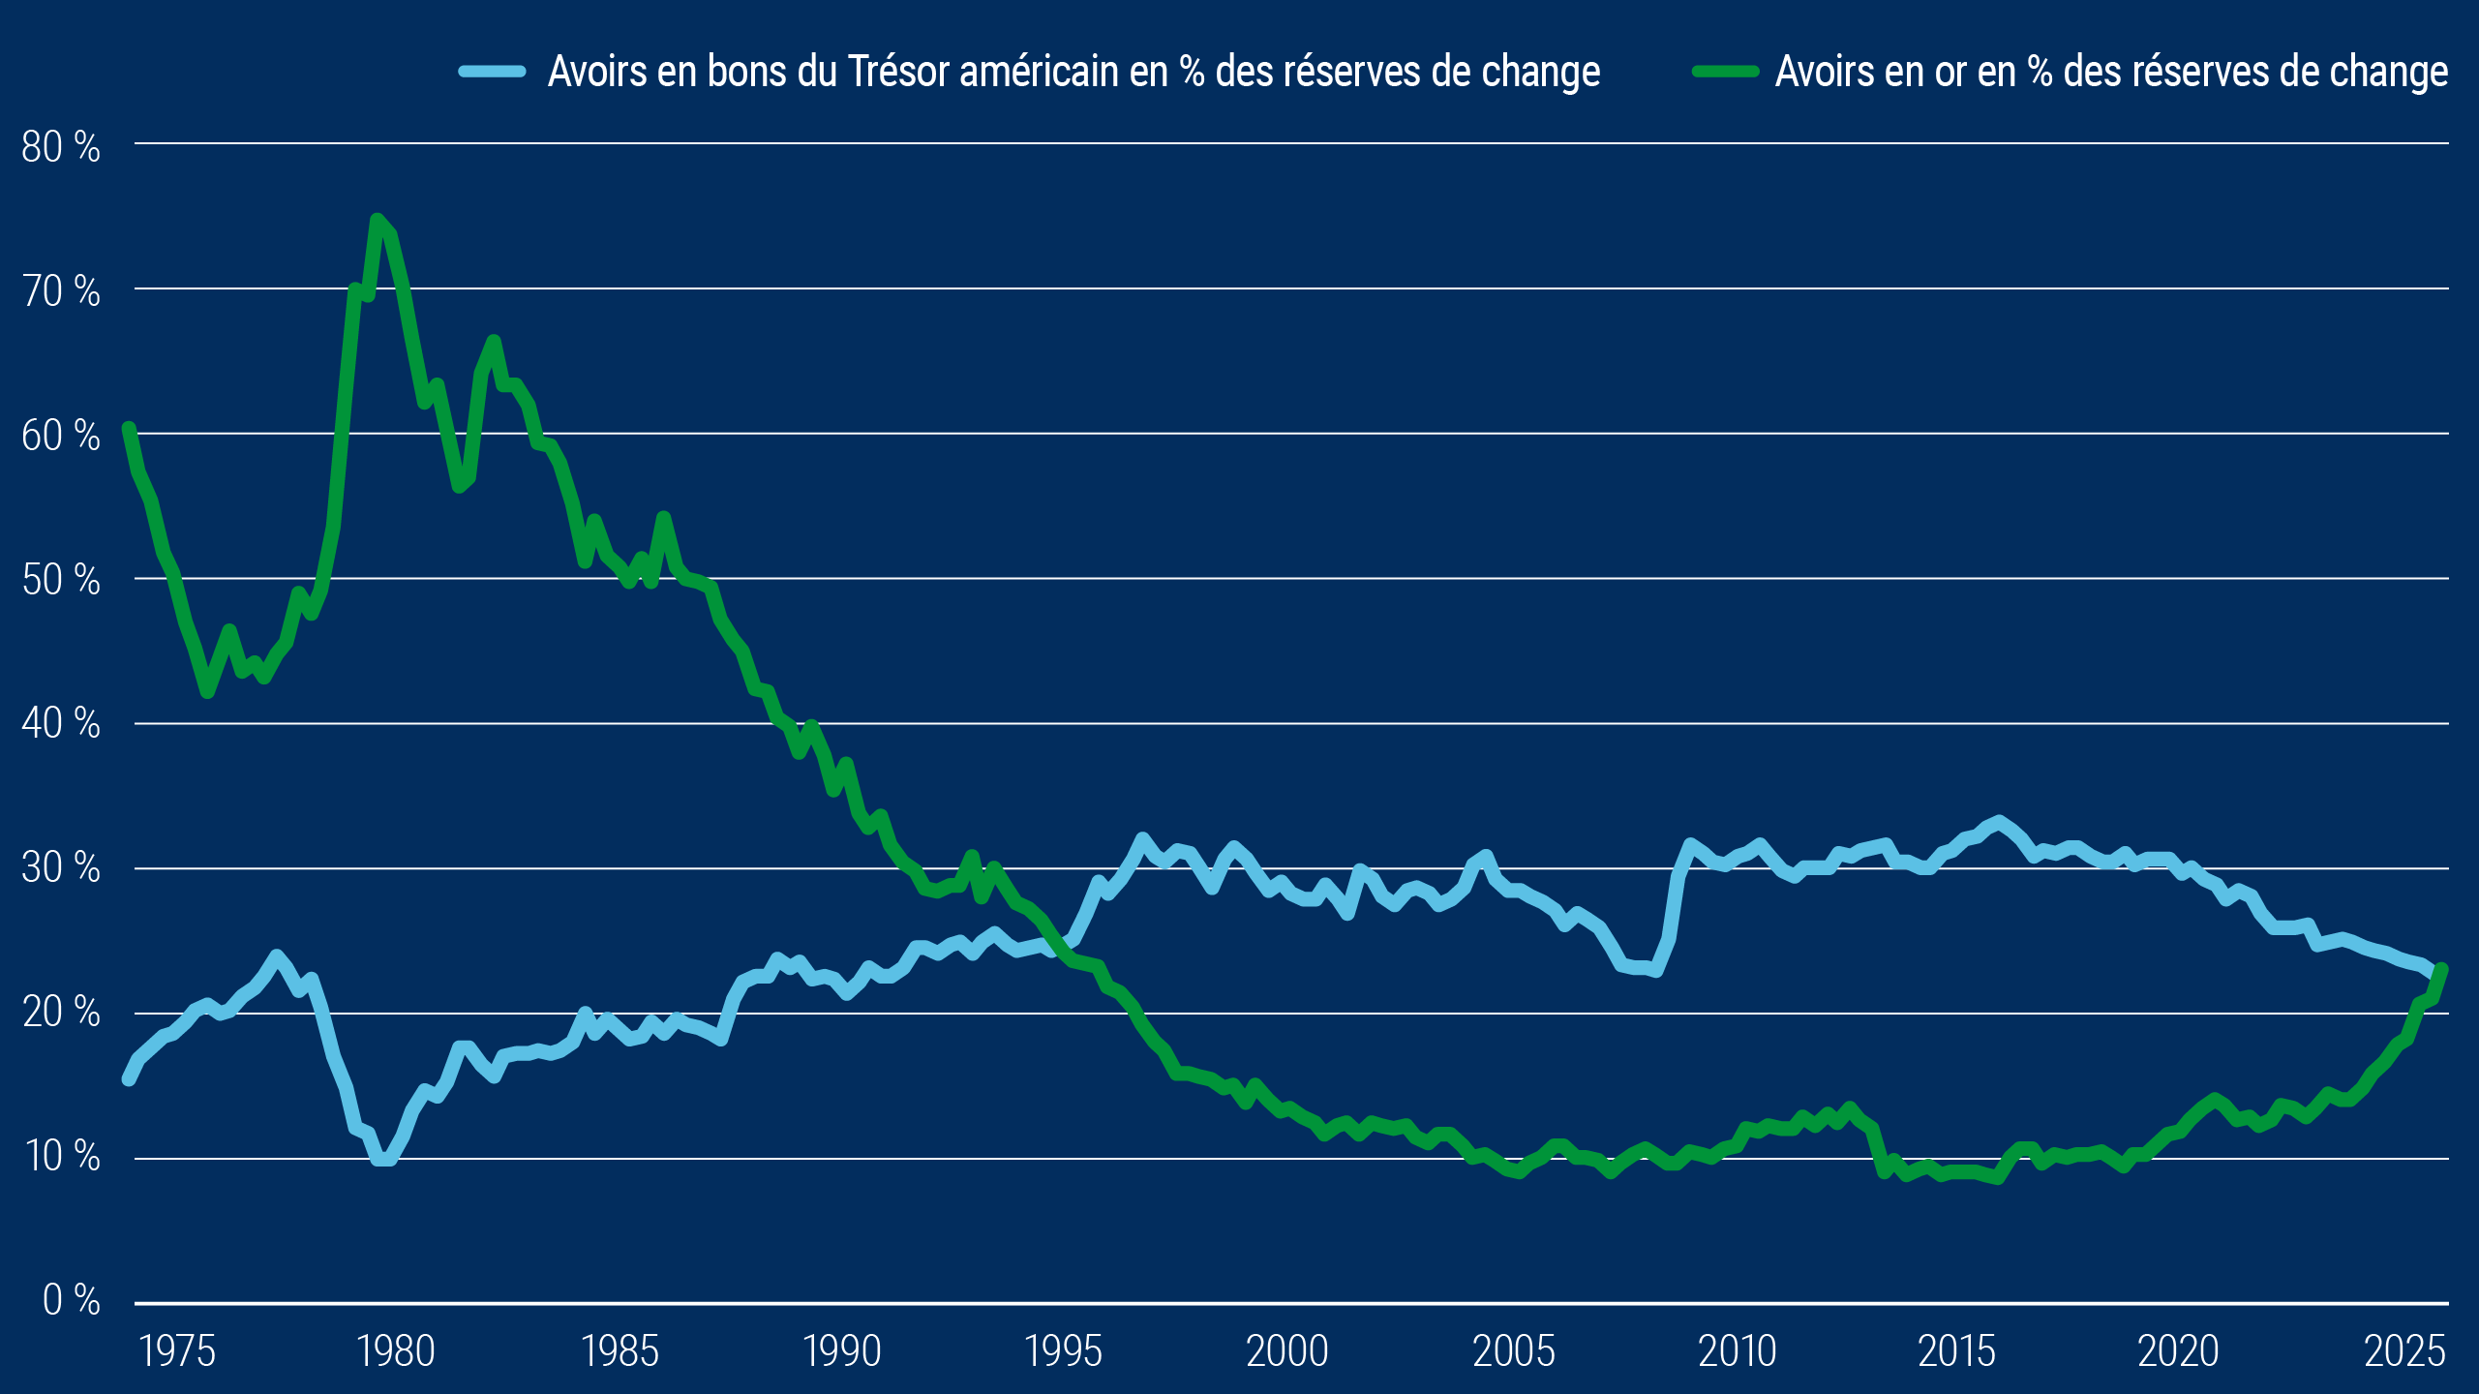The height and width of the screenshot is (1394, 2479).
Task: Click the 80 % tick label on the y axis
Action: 60,147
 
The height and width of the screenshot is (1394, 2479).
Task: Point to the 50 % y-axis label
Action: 60,580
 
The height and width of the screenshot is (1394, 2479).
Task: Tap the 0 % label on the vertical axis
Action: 71,1299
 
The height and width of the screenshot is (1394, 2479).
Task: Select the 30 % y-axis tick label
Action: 60,867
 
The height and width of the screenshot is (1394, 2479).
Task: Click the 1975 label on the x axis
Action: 177,1351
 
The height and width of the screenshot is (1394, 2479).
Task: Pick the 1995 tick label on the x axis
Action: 1063,1351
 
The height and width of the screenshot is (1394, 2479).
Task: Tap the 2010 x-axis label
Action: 1737,1351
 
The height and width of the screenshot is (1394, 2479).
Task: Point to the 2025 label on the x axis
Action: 2404,1351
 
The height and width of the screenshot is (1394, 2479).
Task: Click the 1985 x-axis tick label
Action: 620,1351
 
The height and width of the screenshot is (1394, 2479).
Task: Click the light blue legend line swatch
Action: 492,72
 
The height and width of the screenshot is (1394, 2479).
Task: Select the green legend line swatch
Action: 1725,72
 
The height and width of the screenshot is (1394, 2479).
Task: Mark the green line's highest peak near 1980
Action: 378,220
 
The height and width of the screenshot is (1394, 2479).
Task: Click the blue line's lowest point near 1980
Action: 383,1159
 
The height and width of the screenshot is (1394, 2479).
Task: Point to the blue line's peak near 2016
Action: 1999,822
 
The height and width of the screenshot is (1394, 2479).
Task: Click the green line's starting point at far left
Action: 128,428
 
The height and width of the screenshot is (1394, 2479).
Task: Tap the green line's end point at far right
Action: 2442,969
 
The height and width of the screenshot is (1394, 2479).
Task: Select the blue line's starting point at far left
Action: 128,1079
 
